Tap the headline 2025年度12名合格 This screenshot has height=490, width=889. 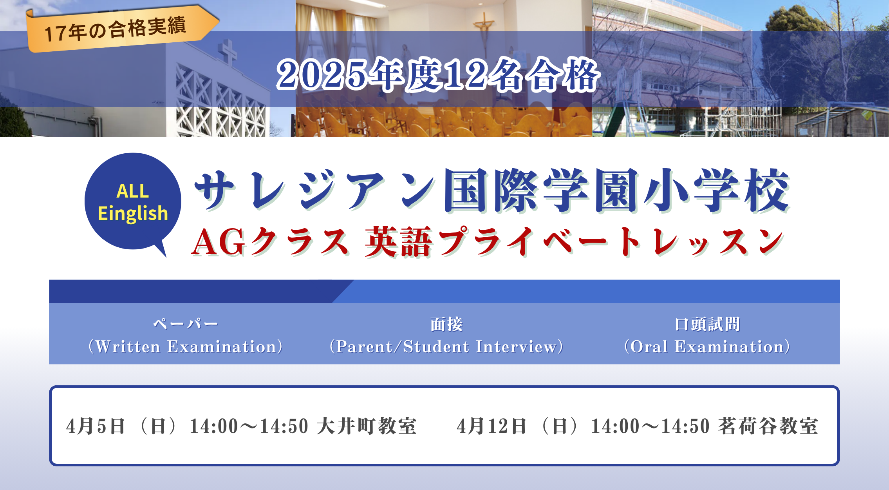coord(438,75)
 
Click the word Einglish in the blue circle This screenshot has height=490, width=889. coord(133,213)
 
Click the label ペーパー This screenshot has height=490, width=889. coord(186,324)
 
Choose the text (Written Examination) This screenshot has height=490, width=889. coord(186,347)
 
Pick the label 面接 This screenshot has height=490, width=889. coord(446,324)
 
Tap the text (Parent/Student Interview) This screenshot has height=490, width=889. coord(446,347)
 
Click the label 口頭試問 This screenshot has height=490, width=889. coord(707,324)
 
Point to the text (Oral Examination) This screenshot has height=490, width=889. coord(707,347)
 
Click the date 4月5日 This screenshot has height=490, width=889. coord(96,426)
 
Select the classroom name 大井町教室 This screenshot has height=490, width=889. coord(367,426)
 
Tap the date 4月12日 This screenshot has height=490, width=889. coord(492,426)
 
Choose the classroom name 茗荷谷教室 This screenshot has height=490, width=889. coord(768,426)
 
